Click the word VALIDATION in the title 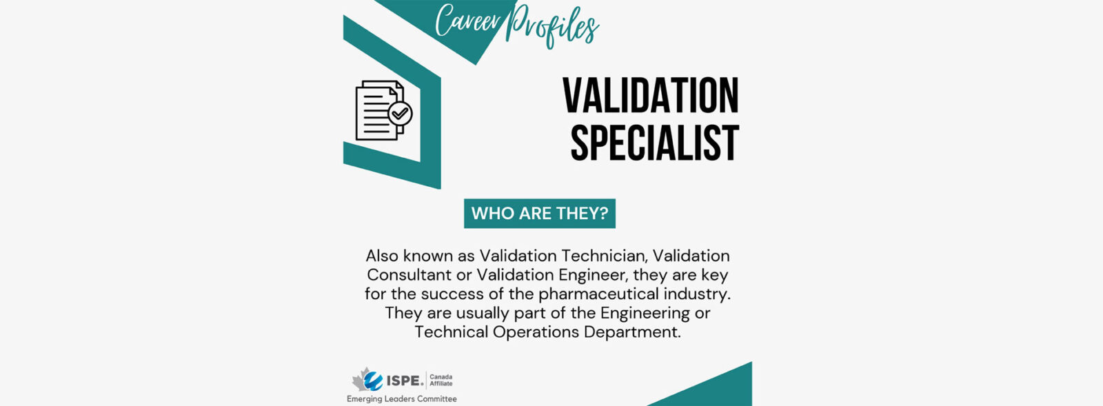coord(651,95)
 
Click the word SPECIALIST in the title coord(654,143)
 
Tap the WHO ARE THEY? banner coord(540,214)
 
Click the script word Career coord(468,21)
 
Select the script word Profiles coord(552,26)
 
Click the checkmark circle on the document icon coord(400,114)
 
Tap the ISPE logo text coord(405,380)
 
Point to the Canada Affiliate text coord(441,380)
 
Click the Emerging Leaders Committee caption coord(402,399)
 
